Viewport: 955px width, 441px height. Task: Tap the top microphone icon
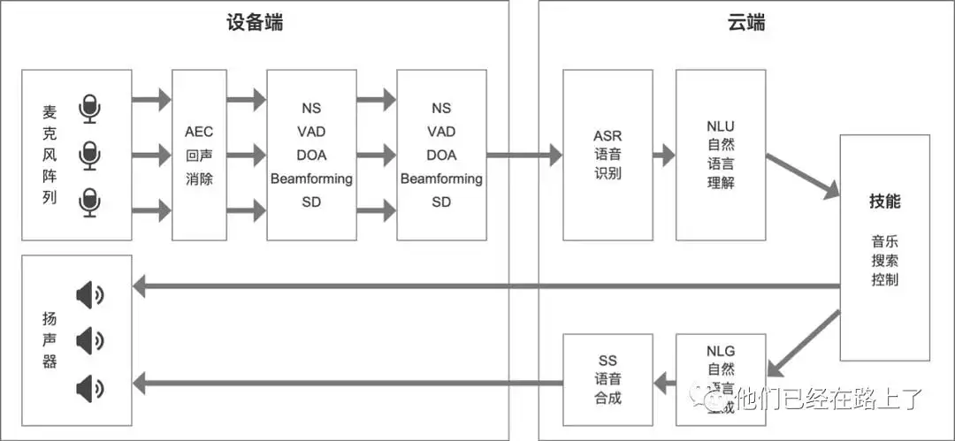(89, 109)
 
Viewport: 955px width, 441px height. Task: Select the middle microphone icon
(89, 156)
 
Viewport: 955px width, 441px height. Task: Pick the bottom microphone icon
(89, 202)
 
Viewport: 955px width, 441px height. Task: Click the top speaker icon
(90, 294)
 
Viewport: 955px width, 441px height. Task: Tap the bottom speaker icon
(90, 387)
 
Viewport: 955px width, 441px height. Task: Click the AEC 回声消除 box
(199, 156)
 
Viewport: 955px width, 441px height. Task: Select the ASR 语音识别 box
(607, 156)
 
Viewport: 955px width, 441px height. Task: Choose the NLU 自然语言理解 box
(721, 156)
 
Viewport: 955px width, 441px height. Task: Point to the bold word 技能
(884, 201)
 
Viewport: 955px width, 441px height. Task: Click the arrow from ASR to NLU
(664, 156)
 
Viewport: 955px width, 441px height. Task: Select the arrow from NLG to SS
(664, 381)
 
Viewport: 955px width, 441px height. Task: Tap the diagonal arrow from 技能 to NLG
(803, 340)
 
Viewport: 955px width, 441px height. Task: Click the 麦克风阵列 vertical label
(50, 156)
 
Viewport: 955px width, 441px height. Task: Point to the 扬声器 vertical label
(50, 339)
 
